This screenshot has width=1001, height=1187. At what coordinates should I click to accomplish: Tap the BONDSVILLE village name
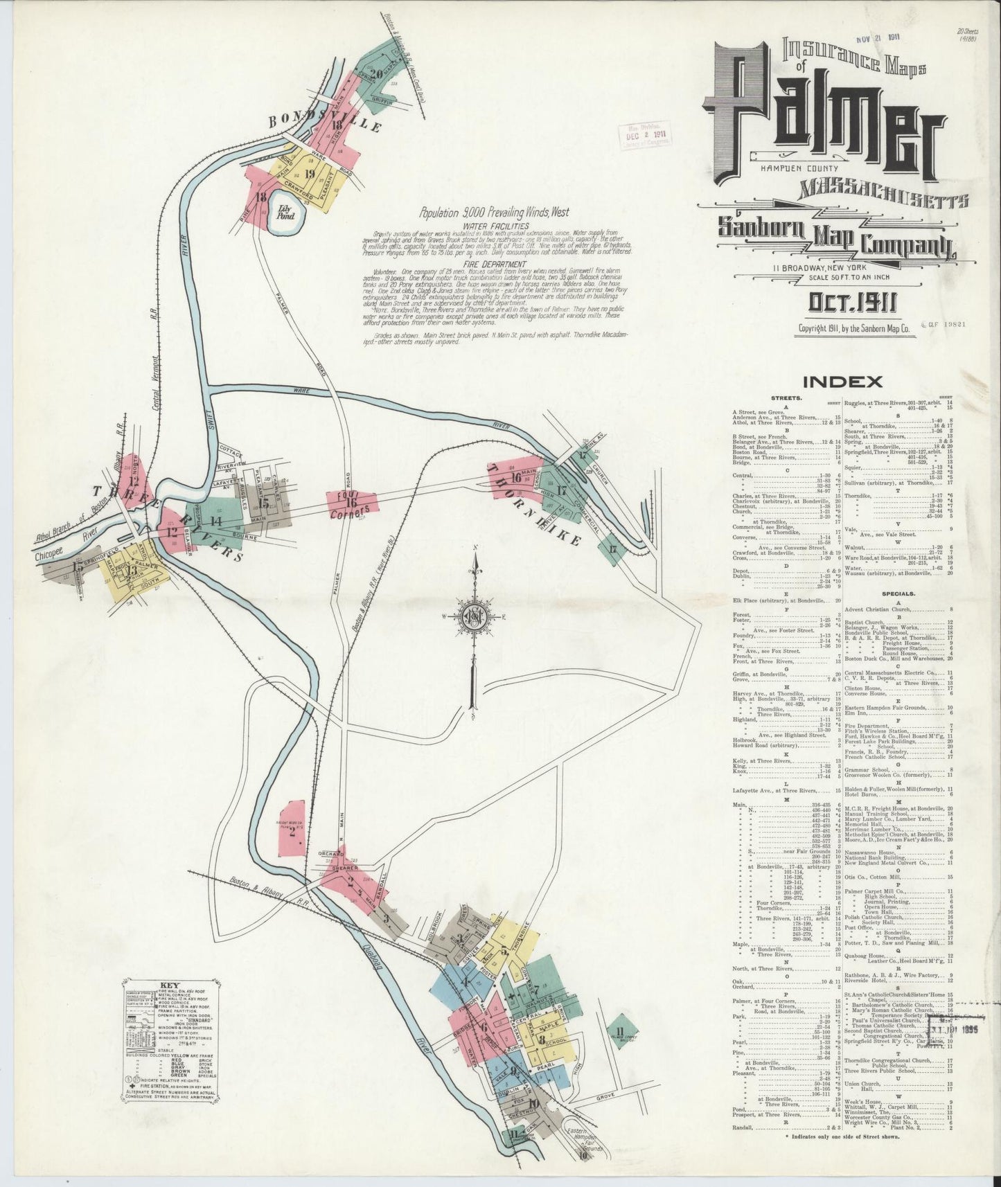325,122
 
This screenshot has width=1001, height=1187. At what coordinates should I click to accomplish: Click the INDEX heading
842,381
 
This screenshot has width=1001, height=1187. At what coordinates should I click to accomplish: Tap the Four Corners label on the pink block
352,504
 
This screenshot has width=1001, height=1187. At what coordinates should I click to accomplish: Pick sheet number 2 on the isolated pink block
292,832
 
